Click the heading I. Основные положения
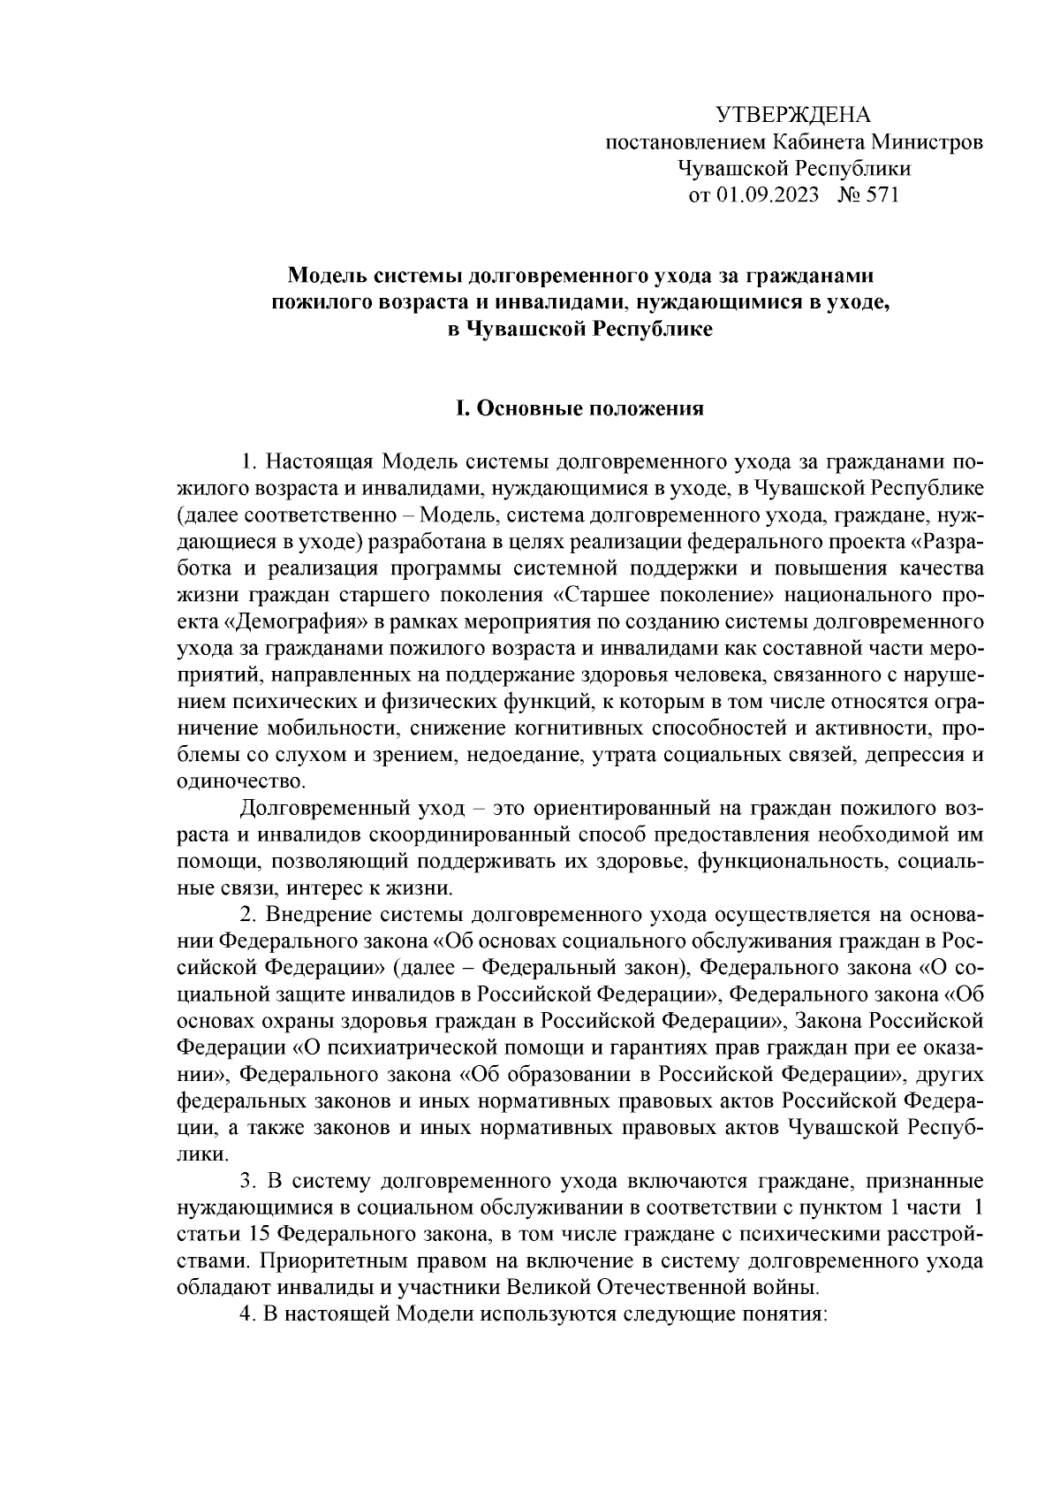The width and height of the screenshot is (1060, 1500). (x=578, y=408)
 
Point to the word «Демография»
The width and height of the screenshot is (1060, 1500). (x=290, y=621)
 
